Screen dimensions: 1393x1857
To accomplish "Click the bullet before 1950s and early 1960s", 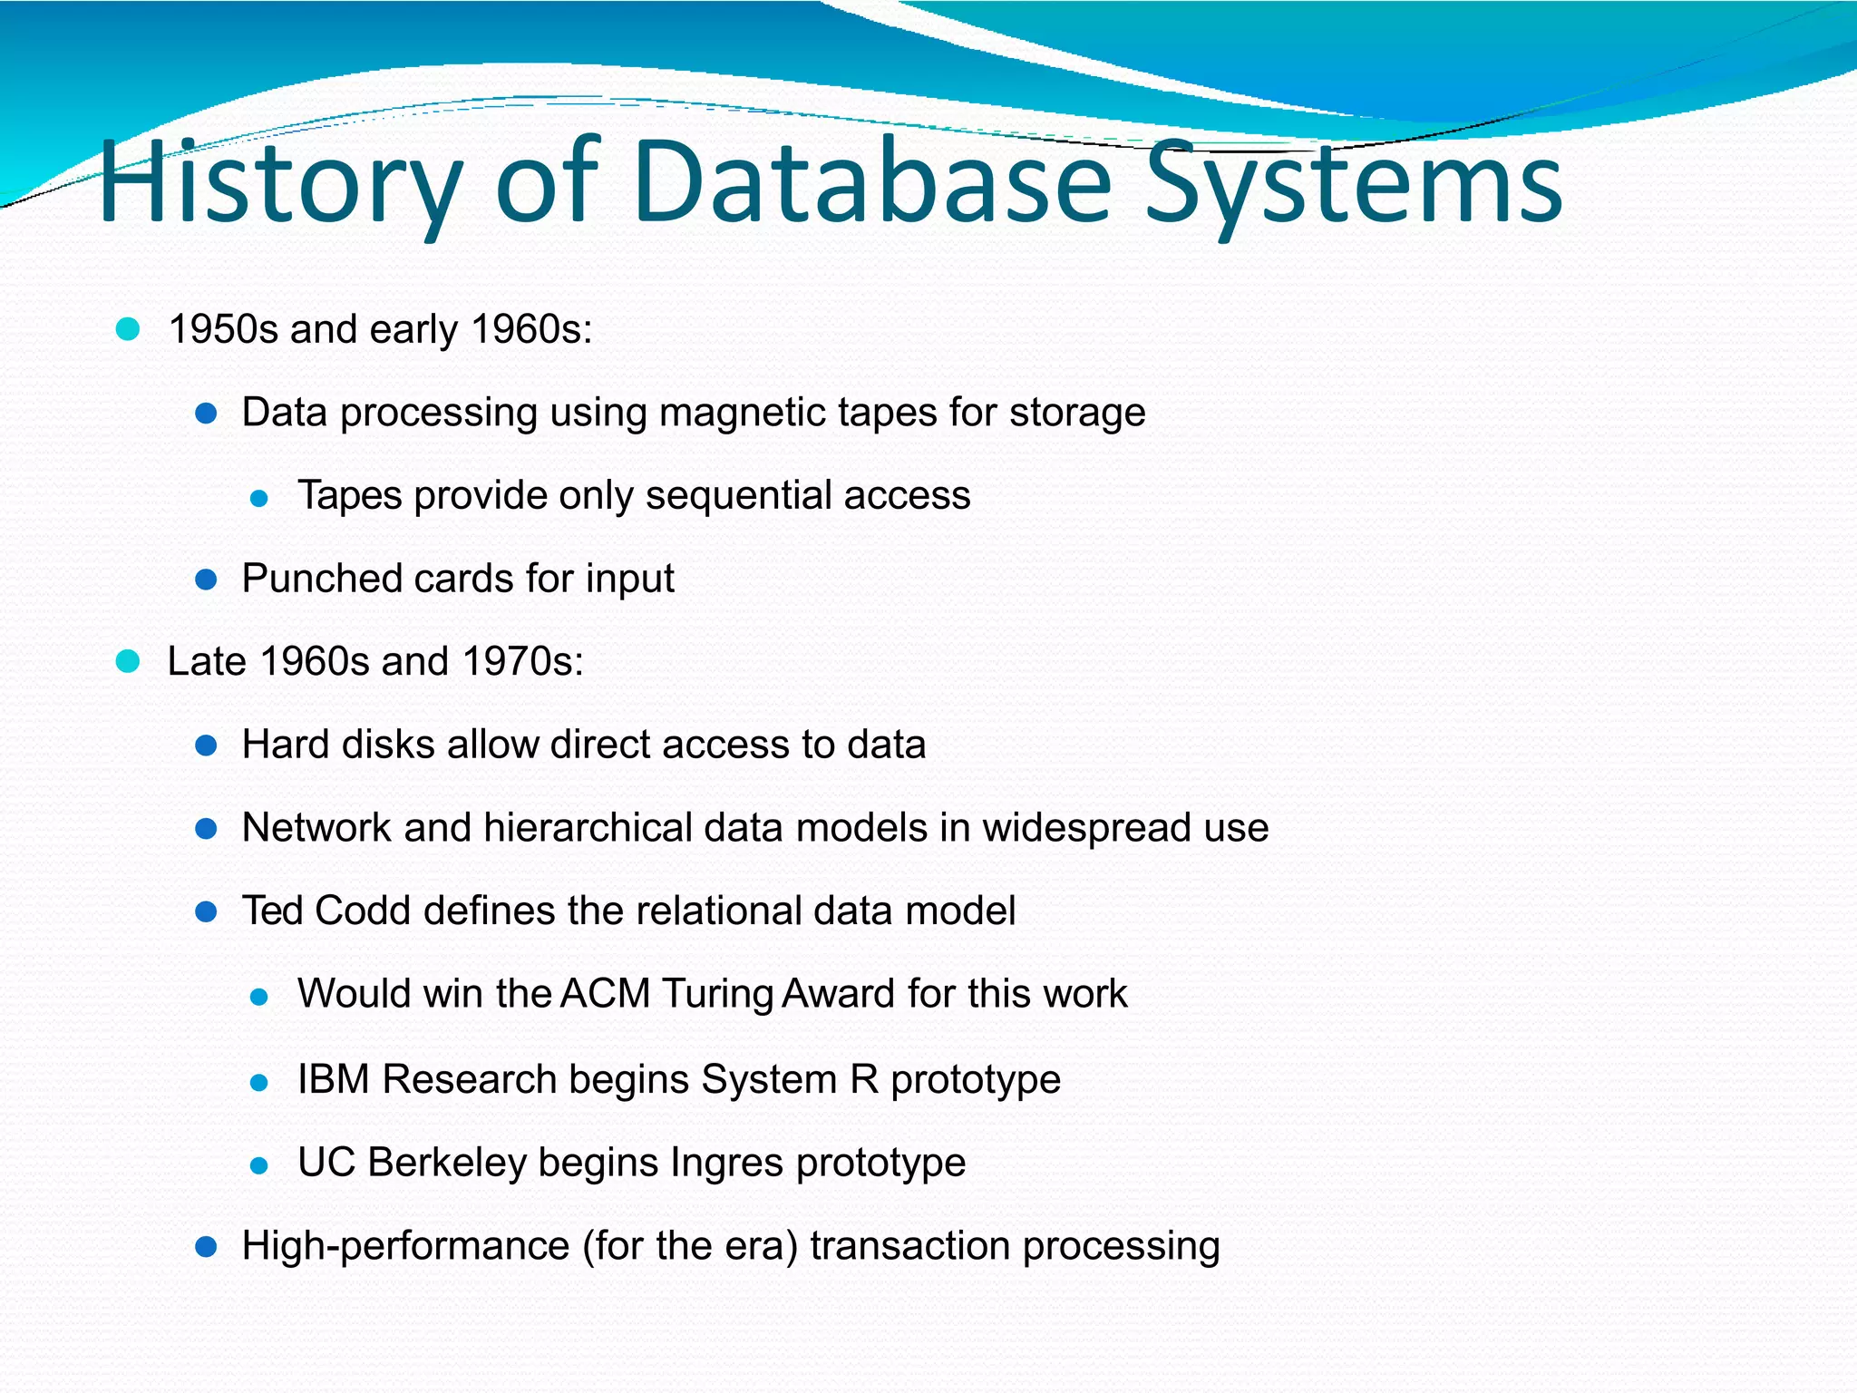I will coord(128,329).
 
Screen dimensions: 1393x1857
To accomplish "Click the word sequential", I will coord(738,496).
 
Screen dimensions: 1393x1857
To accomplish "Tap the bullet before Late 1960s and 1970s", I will coord(128,662).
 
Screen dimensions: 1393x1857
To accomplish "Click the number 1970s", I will coord(522,661).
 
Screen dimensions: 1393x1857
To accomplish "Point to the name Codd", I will coord(363,911).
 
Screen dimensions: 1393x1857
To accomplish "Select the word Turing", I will coord(716,994).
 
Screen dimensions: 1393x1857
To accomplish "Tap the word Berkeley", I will coord(447,1163).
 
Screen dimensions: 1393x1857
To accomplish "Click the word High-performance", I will coord(405,1246).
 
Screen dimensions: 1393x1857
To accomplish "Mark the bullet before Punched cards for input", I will coord(206,580).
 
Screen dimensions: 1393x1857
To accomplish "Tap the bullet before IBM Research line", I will coord(259,1082).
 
